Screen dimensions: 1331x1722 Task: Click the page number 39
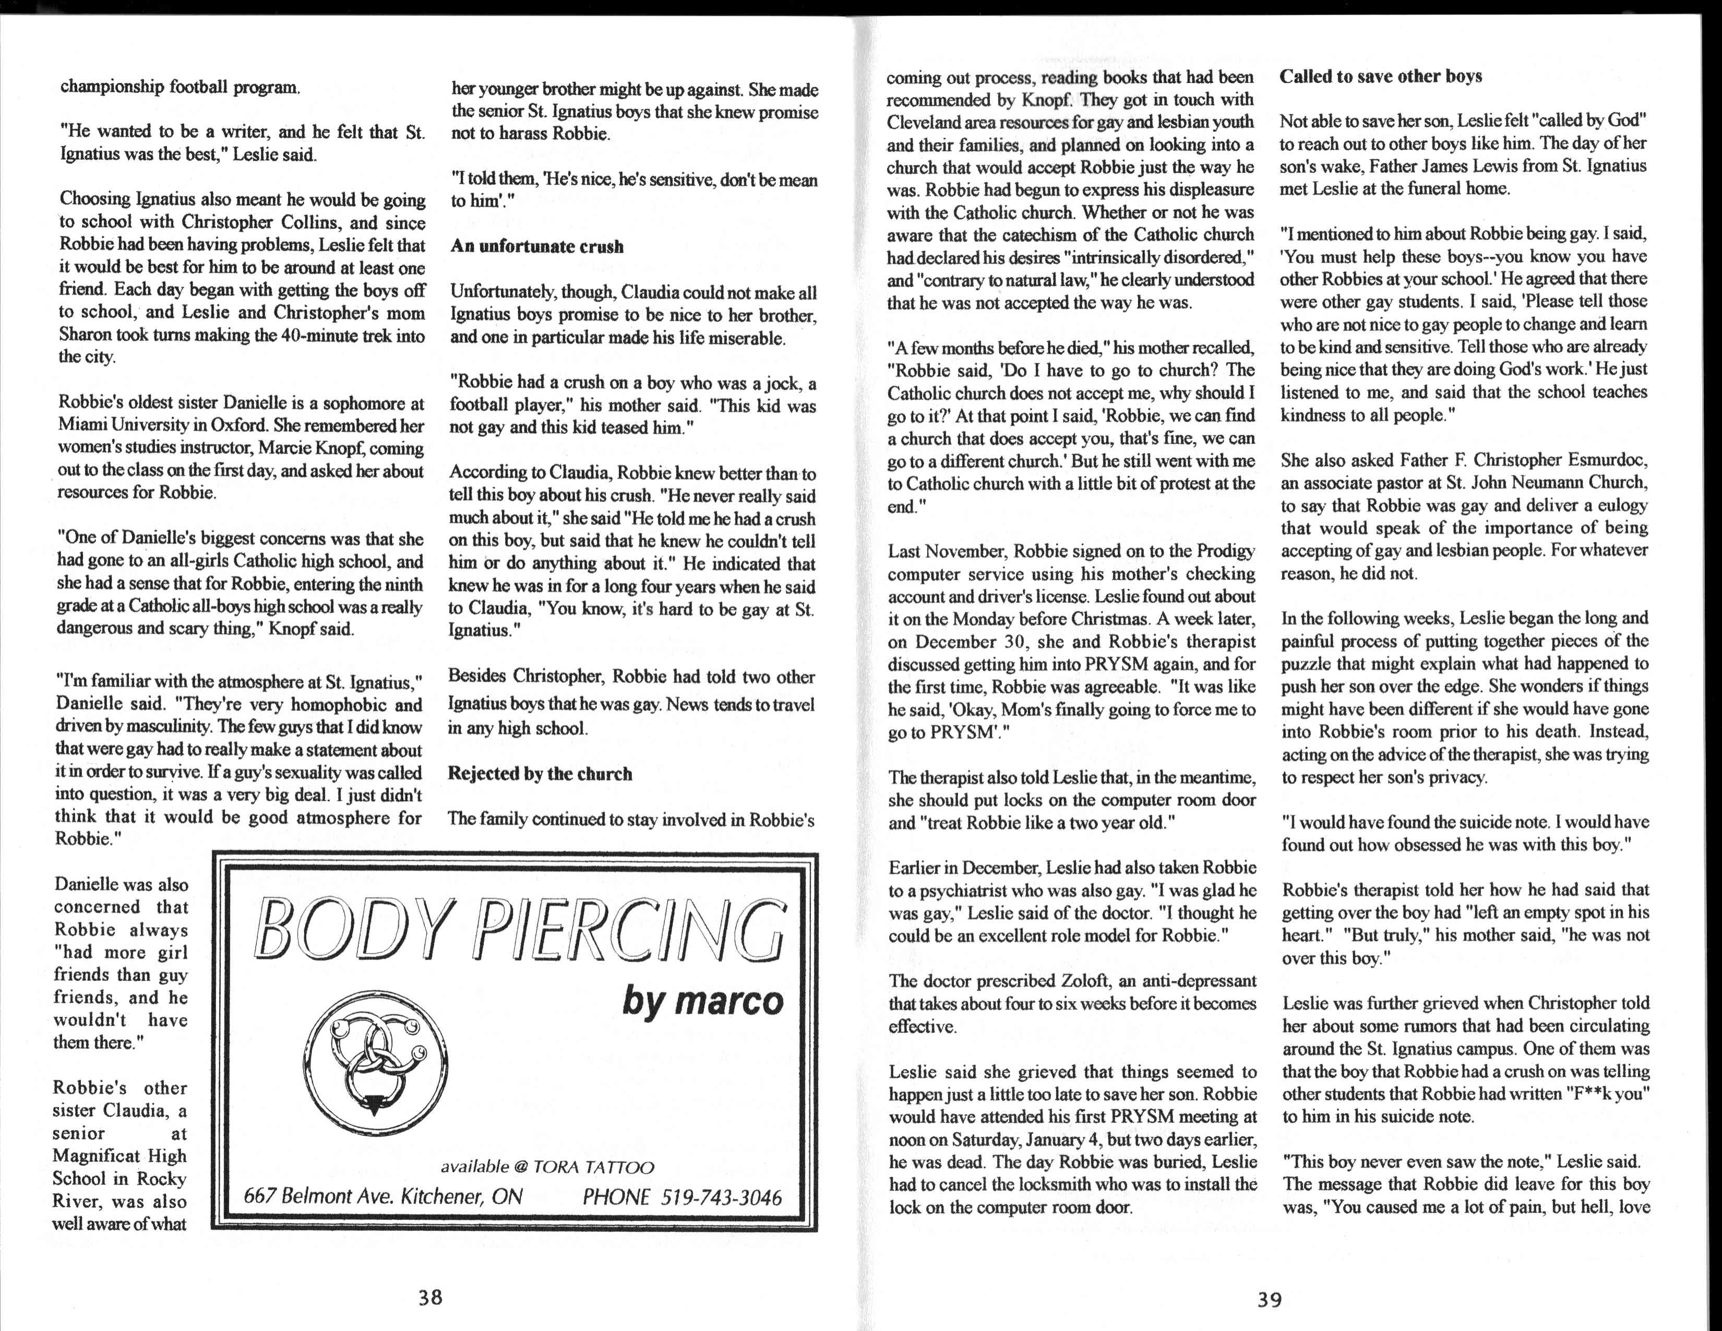click(x=1270, y=1300)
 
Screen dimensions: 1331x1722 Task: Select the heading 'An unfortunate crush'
click(x=537, y=247)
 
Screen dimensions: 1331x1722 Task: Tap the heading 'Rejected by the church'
click(x=540, y=774)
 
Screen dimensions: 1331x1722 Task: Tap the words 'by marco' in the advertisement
click(x=702, y=1002)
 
